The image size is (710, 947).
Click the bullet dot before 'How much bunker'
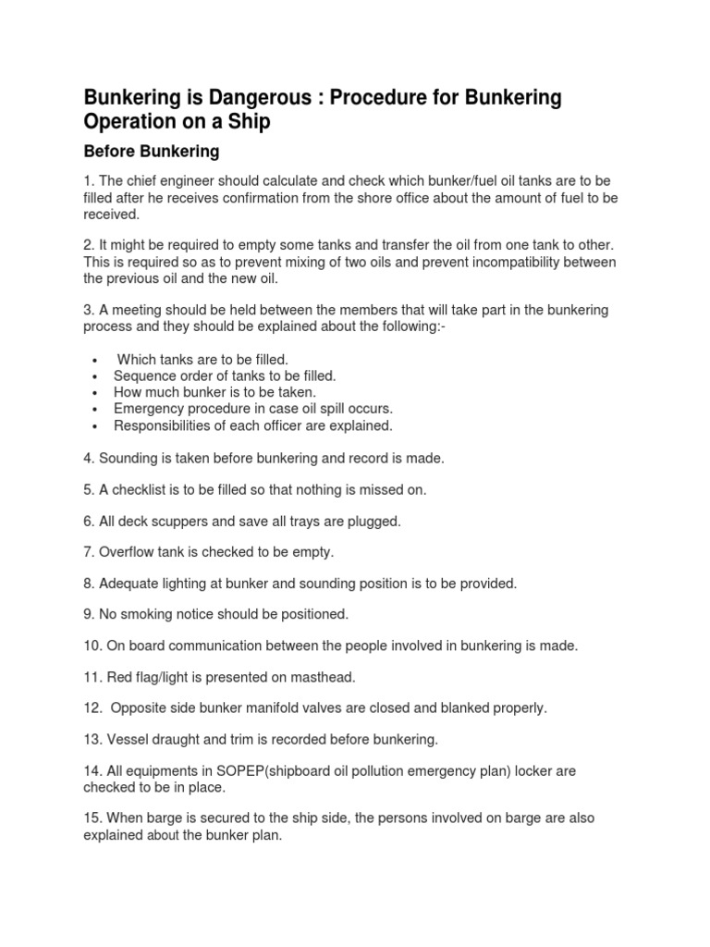[x=96, y=393]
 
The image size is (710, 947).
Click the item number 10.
[x=93, y=646]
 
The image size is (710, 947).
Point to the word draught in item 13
[x=179, y=739]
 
